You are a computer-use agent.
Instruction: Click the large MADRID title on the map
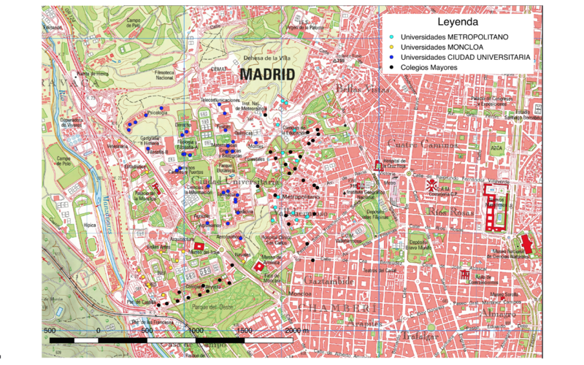pos(266,75)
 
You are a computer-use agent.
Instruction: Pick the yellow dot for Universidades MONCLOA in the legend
pos(392,46)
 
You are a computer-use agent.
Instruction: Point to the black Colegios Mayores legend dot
pos(392,67)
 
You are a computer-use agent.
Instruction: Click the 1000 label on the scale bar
pos(195,330)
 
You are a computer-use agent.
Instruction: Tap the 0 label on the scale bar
pos(98,330)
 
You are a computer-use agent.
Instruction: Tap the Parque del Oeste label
pos(211,307)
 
